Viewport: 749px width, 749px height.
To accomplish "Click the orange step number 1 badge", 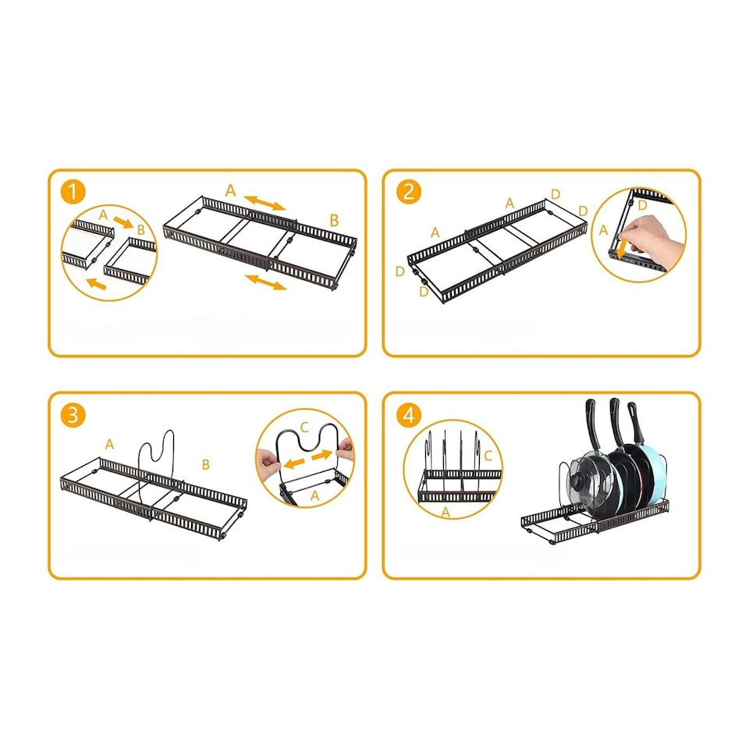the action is point(73,192).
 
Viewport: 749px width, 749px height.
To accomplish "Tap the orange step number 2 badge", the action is point(409,192).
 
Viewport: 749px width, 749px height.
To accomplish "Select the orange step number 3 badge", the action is point(73,415).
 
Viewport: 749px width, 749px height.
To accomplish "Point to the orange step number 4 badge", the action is point(409,415).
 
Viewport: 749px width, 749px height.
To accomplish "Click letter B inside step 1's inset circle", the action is point(141,229).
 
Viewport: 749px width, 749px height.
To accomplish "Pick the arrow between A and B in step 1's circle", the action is point(123,222).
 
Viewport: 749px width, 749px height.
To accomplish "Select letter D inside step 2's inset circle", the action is point(642,205).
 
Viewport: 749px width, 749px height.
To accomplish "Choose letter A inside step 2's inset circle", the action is point(603,230).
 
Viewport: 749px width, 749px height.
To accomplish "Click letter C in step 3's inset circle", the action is point(305,427).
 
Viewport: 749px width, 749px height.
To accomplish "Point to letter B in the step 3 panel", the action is point(206,464).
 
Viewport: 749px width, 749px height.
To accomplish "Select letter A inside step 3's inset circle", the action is point(314,496).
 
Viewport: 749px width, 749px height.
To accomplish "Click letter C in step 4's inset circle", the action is point(488,456).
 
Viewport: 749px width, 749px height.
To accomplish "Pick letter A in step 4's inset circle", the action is point(445,513).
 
